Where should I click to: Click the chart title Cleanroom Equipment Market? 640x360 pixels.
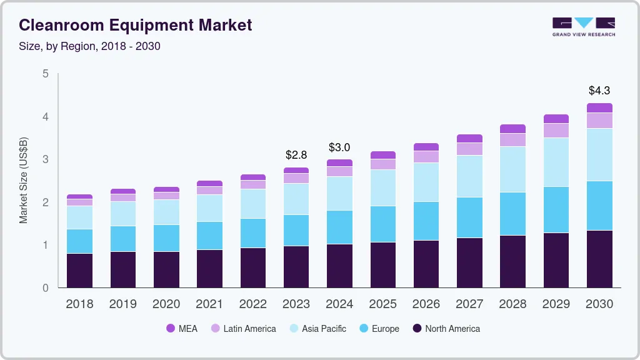tap(136, 25)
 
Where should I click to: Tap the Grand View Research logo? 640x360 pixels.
tap(583, 26)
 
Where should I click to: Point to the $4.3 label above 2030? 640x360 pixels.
tap(599, 91)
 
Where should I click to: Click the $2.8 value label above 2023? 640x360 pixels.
tap(296, 154)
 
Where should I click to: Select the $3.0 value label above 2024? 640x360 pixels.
tap(339, 147)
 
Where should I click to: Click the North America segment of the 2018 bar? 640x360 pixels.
tap(79, 271)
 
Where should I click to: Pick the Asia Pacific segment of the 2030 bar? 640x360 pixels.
tap(599, 154)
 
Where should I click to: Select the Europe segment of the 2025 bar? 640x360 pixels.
tap(382, 224)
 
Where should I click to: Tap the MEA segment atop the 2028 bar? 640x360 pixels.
tap(512, 129)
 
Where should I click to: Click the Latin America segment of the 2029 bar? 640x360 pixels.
tap(556, 130)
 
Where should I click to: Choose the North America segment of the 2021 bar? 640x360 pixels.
tap(209, 269)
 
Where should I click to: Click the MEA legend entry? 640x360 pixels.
tap(182, 329)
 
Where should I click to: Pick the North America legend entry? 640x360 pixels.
tap(446, 329)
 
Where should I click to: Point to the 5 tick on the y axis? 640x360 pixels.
tap(45, 74)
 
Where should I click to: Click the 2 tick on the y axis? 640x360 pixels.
tap(45, 202)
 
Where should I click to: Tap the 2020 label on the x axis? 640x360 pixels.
tap(166, 304)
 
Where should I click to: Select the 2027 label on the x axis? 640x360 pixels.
tap(469, 304)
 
